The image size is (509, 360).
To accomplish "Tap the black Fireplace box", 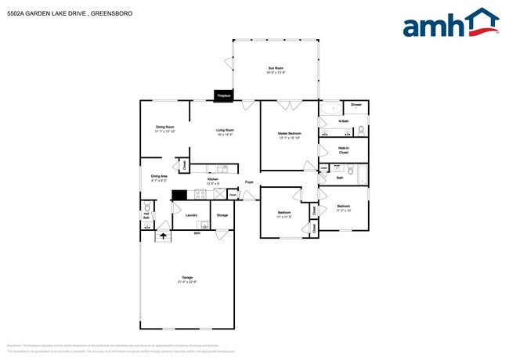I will pyautogui.click(x=223, y=95).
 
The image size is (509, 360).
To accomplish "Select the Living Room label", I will pyautogui.click(x=226, y=131).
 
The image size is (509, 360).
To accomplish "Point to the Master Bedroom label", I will pyautogui.click(x=289, y=135).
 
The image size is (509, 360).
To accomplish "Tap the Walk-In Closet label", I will pyautogui.click(x=343, y=149).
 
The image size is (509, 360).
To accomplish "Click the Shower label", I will pyautogui.click(x=356, y=104).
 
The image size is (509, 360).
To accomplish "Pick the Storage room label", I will pyautogui.click(x=222, y=214).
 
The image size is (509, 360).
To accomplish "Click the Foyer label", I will pyautogui.click(x=249, y=182).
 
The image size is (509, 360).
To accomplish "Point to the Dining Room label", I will pyautogui.click(x=164, y=128).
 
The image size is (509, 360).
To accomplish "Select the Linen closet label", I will pyautogui.click(x=324, y=167).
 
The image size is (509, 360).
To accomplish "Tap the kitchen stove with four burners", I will pyautogui.click(x=200, y=196).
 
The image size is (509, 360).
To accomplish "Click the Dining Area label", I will pyautogui.click(x=159, y=178).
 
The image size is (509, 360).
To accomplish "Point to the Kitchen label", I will pyautogui.click(x=212, y=181).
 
